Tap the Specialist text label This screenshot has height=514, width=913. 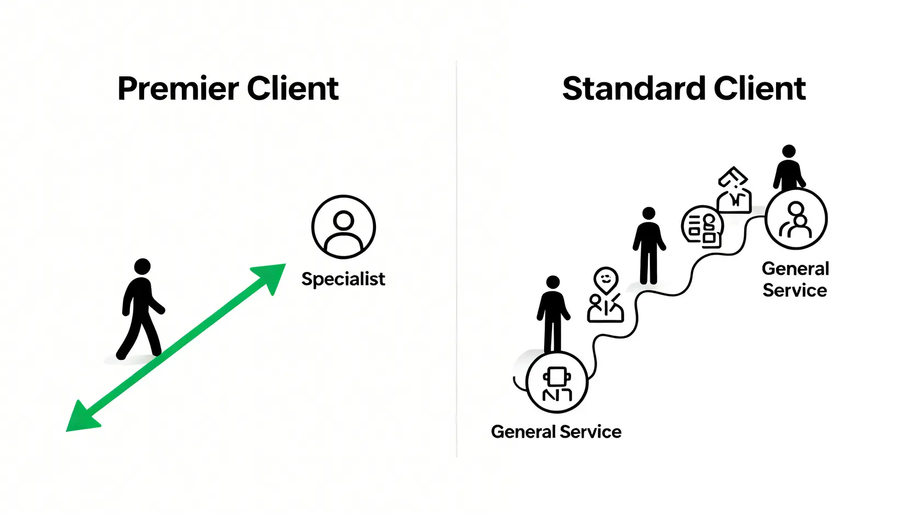pyautogui.click(x=343, y=279)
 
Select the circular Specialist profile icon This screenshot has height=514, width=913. pyautogui.click(x=344, y=227)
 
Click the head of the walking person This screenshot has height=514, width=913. pyautogui.click(x=142, y=267)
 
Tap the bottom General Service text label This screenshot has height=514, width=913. pyautogui.click(x=556, y=432)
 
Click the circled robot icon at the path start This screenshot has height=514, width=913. pyautogui.click(x=557, y=382)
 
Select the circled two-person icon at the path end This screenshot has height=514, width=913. pyautogui.click(x=796, y=218)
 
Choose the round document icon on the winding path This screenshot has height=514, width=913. pyautogui.click(x=702, y=227)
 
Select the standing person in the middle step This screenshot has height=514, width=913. pyautogui.click(x=649, y=246)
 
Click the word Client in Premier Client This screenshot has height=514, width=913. pyautogui.click(x=293, y=89)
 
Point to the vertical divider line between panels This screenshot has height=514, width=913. pyautogui.click(x=456, y=258)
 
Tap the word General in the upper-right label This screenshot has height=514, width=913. pyautogui.click(x=795, y=269)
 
